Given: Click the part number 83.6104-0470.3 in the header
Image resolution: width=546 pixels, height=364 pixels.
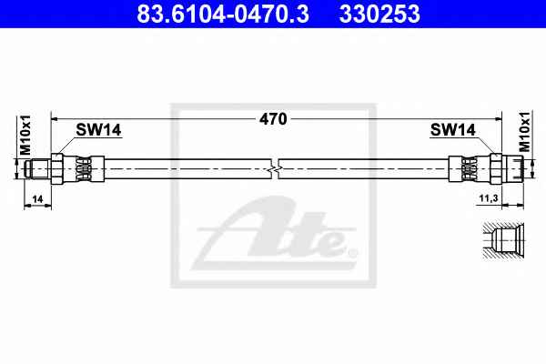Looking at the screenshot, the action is [x=223, y=14].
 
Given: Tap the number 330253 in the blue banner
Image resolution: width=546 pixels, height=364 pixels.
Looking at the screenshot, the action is [x=379, y=14].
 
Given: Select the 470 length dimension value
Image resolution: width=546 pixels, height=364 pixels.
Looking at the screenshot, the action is [x=273, y=119].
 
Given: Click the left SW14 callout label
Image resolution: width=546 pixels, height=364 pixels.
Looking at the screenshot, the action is [x=98, y=130].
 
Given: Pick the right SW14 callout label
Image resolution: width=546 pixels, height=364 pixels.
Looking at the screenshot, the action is [x=452, y=130].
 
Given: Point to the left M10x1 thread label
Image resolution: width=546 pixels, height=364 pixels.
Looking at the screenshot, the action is [x=25, y=136].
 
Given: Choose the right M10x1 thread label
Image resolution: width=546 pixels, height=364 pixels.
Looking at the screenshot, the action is [x=524, y=132].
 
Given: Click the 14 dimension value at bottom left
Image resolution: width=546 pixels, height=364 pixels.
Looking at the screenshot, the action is [x=37, y=199].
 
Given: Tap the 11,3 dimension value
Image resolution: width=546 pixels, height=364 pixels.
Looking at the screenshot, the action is [x=489, y=198].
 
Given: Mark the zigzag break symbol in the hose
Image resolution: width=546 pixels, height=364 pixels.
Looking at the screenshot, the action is [x=275, y=169].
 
